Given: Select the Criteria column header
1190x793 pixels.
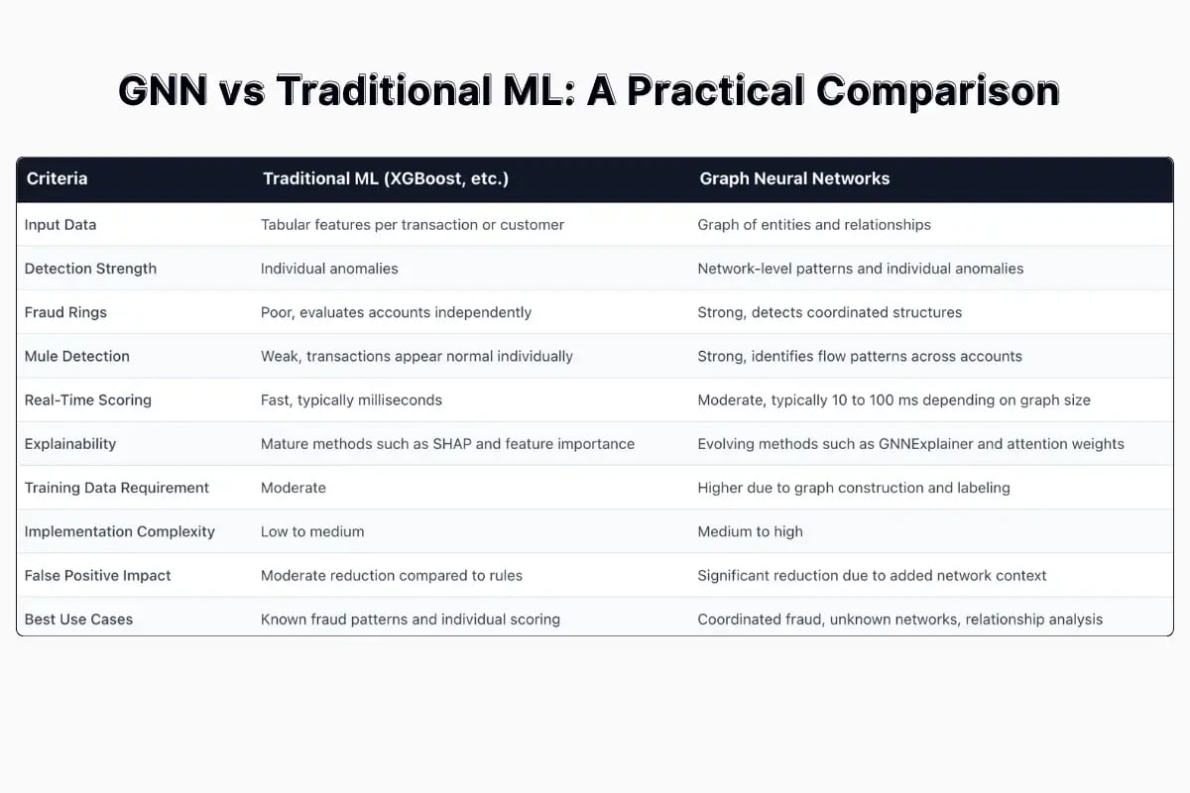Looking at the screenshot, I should (x=57, y=179).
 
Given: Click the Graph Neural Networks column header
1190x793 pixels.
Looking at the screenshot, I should (x=794, y=179).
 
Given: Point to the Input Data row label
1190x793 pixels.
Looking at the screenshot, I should (x=60, y=225).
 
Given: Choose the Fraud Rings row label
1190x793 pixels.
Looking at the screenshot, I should (x=65, y=312).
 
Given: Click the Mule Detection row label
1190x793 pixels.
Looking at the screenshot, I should (x=77, y=356).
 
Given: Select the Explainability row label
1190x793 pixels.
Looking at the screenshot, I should (x=70, y=444).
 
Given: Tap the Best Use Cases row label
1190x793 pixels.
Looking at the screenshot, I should (x=78, y=620).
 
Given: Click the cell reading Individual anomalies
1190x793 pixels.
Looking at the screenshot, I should (x=328, y=269).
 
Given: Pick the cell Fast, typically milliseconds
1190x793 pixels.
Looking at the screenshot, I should (x=351, y=400).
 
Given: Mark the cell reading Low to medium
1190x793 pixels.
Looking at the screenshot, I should (x=312, y=532).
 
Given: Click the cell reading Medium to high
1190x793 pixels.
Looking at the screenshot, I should (x=750, y=532).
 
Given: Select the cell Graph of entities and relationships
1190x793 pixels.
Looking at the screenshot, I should (x=814, y=225).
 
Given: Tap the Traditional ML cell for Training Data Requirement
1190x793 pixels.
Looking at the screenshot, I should (x=294, y=488).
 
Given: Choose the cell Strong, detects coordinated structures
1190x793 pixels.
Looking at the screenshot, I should (x=829, y=312).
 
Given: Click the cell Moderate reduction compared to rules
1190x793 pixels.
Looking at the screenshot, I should (x=392, y=576).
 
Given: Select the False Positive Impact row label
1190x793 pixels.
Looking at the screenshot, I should (x=98, y=576).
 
